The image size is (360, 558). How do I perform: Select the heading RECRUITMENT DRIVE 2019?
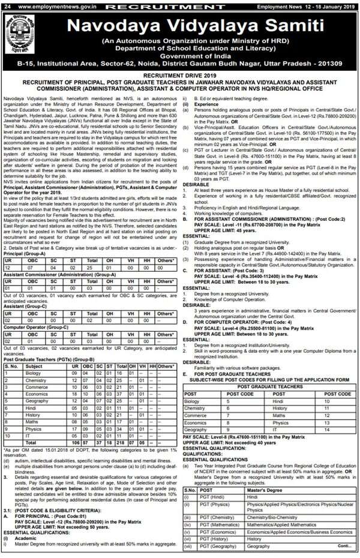[x=180, y=76]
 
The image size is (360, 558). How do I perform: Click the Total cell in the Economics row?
[x=121, y=406]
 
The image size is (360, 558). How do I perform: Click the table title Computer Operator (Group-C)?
[x=36, y=327]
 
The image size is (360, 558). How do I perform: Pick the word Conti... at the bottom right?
[x=344, y=546]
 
